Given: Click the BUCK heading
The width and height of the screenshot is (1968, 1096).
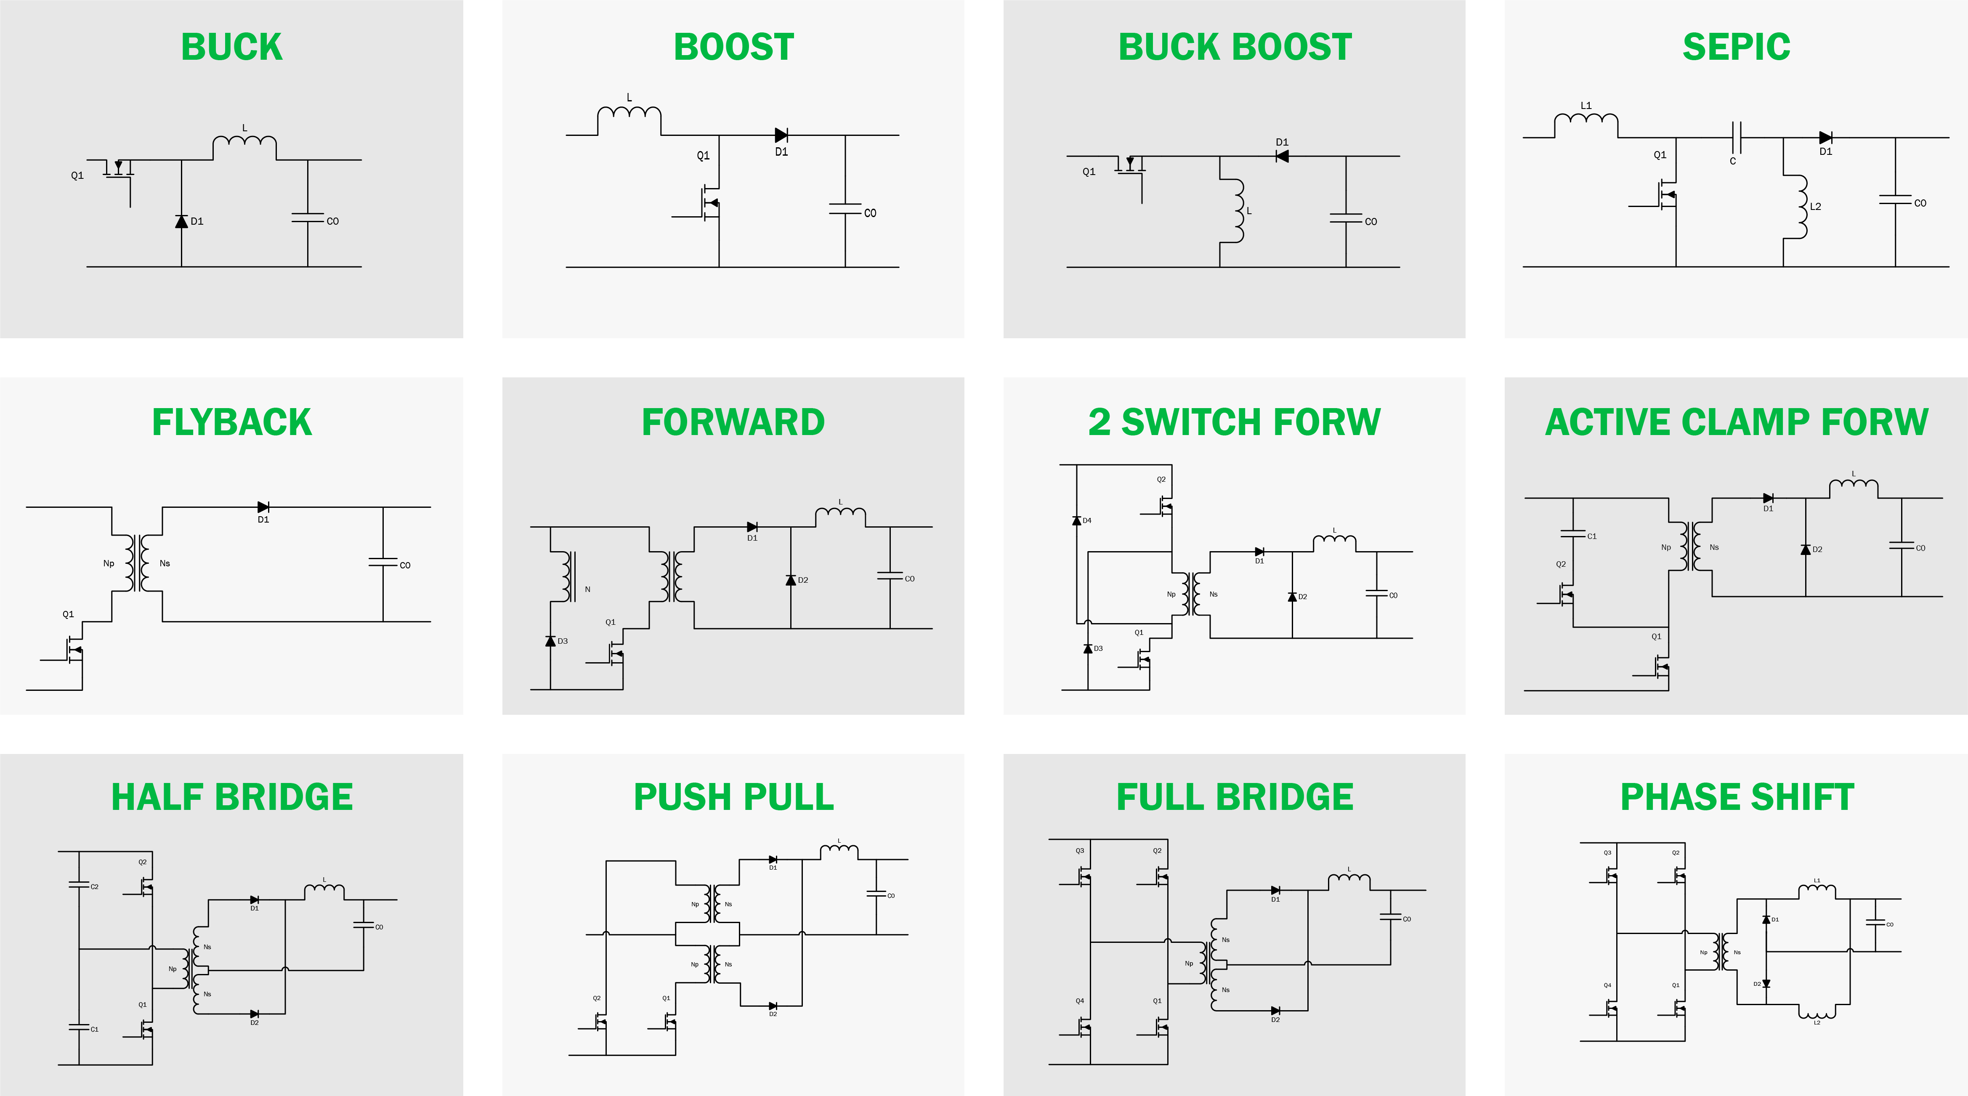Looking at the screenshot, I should pos(231,48).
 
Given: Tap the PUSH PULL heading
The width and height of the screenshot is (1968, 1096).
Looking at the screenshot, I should pos(733,797).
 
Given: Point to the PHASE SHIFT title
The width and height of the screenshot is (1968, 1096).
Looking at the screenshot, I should pos(1737,797).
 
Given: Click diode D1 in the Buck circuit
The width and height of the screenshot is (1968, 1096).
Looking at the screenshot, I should pos(181,221).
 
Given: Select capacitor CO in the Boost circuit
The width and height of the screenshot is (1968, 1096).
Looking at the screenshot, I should pos(845,209).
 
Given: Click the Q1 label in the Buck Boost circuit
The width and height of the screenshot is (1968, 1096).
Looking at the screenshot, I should pos(1089,172).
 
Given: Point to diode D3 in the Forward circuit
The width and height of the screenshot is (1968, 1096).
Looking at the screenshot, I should pos(550,641).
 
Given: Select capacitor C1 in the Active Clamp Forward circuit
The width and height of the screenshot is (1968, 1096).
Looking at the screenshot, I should pos(1572,534).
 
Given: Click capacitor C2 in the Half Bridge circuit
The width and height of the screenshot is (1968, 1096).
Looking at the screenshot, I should pos(79,885).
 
